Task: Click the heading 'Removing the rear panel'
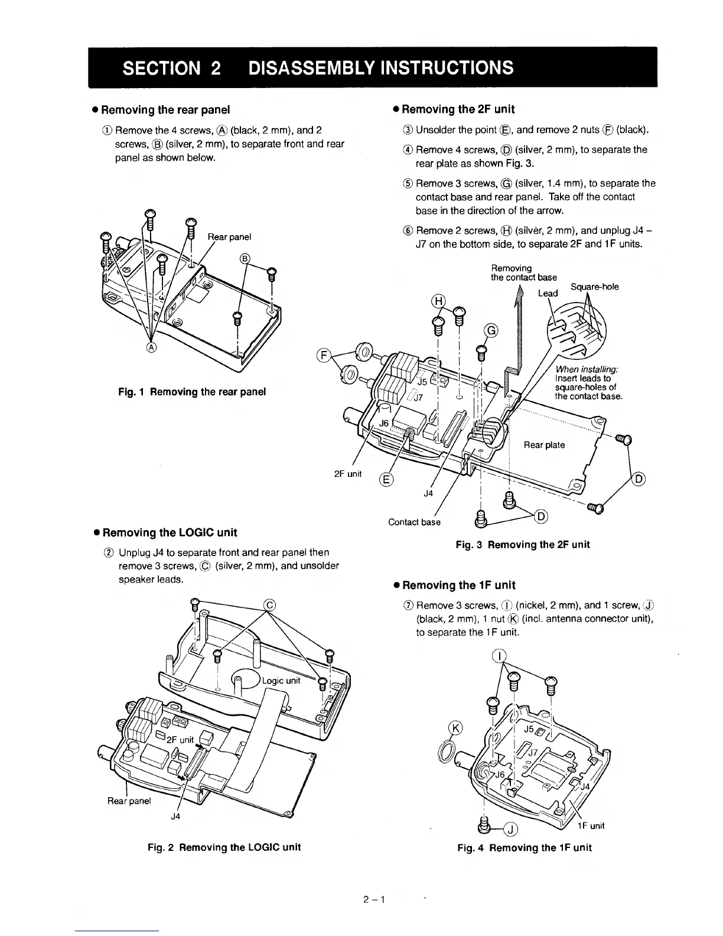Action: (x=165, y=109)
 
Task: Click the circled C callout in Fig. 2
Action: (x=269, y=604)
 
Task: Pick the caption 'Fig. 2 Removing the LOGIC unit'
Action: (x=224, y=847)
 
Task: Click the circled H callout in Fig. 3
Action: (x=439, y=301)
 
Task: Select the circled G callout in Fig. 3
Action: (x=491, y=330)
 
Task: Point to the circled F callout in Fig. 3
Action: (x=323, y=355)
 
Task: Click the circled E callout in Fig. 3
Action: (x=386, y=479)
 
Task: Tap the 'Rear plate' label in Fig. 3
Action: (x=544, y=445)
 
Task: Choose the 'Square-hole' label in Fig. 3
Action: (x=595, y=287)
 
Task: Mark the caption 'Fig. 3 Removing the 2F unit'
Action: (x=523, y=544)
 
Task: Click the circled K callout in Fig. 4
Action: (x=455, y=727)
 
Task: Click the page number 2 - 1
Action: (x=374, y=900)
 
